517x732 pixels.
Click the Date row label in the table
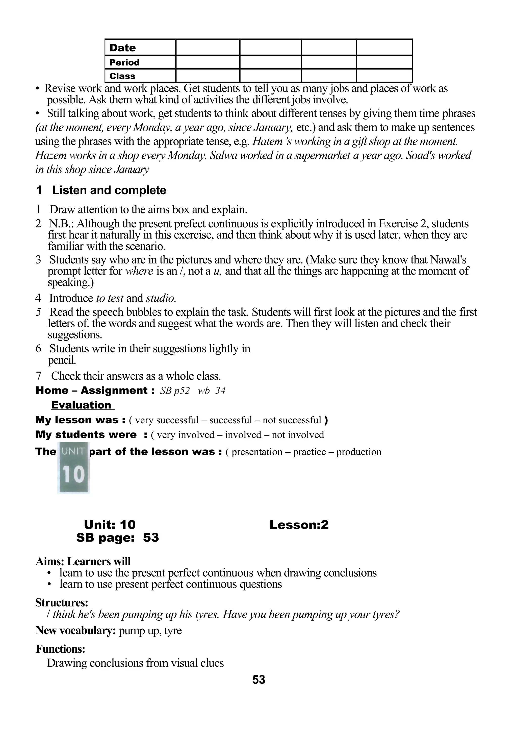pos(123,48)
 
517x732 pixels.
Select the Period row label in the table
pos(124,62)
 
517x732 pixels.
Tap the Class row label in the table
pos(122,76)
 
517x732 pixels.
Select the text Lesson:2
pos(299,525)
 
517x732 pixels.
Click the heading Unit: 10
pos(110,525)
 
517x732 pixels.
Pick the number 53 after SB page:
pos(151,538)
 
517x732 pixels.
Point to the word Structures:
pos(62,603)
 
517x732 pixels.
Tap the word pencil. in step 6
pos(62,361)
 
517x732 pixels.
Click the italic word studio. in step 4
pos(161,298)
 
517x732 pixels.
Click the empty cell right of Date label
pos(207,47)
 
